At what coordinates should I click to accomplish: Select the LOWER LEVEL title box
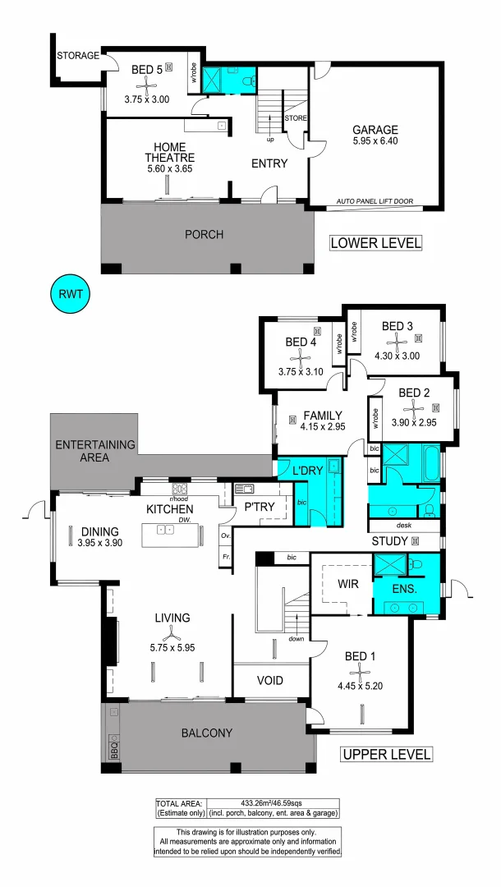pos(375,243)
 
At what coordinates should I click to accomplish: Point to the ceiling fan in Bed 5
pos(147,84)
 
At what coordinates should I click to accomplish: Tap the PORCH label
pos(204,234)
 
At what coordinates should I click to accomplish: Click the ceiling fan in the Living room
pos(171,633)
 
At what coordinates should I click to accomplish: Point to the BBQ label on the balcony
pos(113,749)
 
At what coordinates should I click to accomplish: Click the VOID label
pos(269,681)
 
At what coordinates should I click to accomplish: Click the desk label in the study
pos(402,526)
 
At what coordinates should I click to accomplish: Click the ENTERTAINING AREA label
pos(94,451)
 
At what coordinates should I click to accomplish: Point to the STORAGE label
pos(78,56)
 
